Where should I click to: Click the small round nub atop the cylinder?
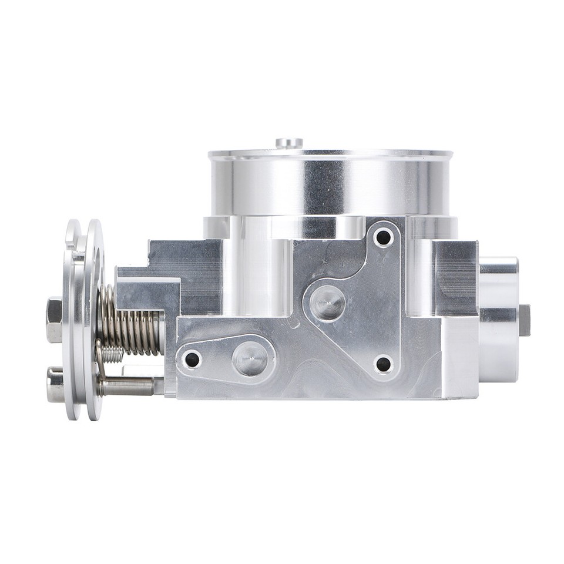coord(289,142)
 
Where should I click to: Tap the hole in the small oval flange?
coord(192,359)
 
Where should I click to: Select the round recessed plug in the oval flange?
coord(249,360)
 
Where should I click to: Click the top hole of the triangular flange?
coord(384,237)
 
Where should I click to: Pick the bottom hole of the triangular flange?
coord(383,364)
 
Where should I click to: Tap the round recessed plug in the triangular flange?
coord(327,304)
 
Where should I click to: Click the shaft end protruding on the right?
coord(524,320)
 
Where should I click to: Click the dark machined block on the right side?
coord(456,276)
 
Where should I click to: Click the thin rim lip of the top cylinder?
coord(331,155)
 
